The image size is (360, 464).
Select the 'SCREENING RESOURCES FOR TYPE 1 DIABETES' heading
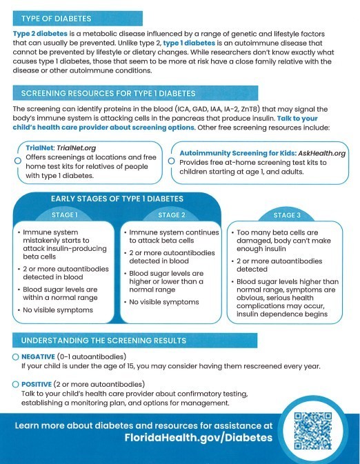click(x=108, y=92)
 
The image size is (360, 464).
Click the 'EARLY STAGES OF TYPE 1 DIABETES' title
click(x=117, y=199)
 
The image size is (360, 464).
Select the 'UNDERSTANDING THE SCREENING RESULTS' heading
click(x=103, y=341)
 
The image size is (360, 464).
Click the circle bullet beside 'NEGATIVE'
click(x=15, y=356)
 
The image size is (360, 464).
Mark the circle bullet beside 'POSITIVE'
click(x=15, y=383)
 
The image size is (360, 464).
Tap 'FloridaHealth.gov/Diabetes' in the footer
click(x=143, y=438)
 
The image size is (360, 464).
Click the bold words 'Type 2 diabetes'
click(x=41, y=34)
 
